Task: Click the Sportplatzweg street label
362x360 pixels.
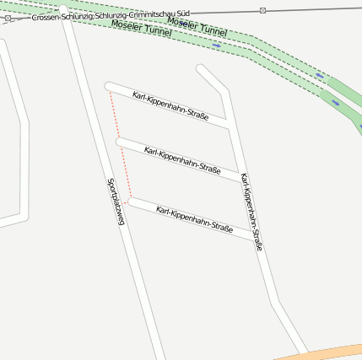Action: coord(116,201)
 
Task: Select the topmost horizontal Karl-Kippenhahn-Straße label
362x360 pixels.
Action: coord(170,106)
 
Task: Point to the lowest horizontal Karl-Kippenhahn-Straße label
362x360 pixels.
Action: coord(194,218)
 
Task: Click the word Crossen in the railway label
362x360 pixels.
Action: coord(46,17)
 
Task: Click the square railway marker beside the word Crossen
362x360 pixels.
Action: coord(8,18)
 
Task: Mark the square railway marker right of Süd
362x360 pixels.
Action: coord(263,10)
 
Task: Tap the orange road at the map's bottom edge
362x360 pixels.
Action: coord(338,352)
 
